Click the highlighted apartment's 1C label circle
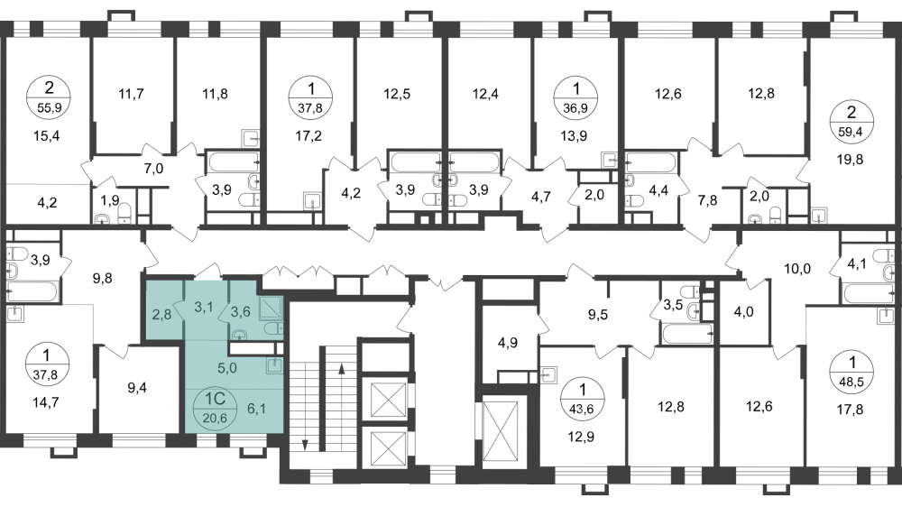click(x=216, y=406)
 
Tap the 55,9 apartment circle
click(x=49, y=97)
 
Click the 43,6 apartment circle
click(x=582, y=399)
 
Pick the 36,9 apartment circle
click(x=575, y=97)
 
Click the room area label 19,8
click(x=851, y=160)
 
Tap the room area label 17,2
click(x=308, y=136)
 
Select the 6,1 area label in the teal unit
click(x=256, y=409)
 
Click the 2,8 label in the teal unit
click(x=161, y=314)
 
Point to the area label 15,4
click(x=47, y=136)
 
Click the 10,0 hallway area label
click(x=797, y=268)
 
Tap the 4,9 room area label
click(x=507, y=343)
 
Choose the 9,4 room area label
click(x=137, y=388)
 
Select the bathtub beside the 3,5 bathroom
click(x=686, y=334)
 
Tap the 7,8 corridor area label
click(x=707, y=201)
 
